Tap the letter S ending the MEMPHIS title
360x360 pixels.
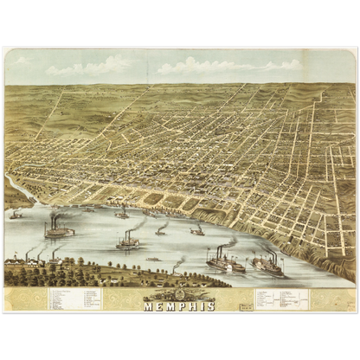tap(209, 305)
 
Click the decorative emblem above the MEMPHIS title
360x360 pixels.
tap(179, 295)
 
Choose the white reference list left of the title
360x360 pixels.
tap(74, 299)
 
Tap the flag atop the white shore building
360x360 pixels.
tap(16, 253)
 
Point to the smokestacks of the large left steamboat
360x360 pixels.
tap(55, 221)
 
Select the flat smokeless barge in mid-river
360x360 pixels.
tap(153, 258)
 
